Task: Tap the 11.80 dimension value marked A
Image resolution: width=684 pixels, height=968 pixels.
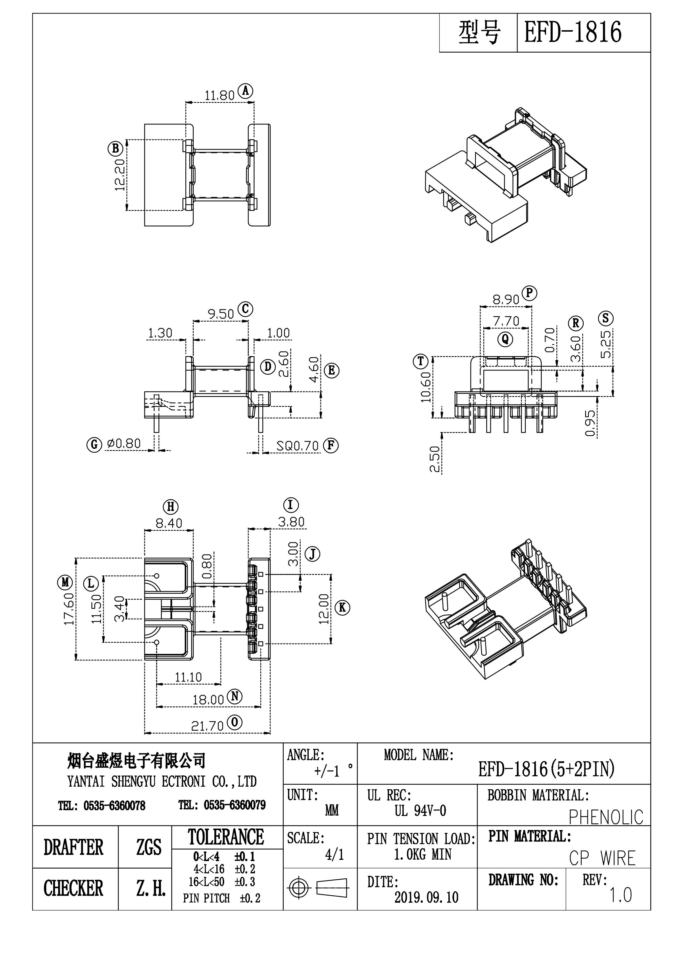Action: click(x=219, y=96)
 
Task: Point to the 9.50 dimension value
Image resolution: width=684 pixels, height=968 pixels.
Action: click(x=220, y=314)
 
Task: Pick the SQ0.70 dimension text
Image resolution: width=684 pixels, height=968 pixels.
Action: click(x=297, y=446)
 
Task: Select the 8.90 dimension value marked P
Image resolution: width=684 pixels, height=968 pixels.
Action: click(x=506, y=300)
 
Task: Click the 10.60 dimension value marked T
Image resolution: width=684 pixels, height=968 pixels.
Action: click(x=426, y=387)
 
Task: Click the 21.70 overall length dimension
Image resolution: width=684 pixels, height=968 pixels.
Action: click(x=207, y=726)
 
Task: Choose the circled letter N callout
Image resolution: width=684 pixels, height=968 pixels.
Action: click(x=235, y=696)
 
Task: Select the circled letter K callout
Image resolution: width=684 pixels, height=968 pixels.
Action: click(x=342, y=608)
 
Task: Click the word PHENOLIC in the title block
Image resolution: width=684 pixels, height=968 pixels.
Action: click(x=606, y=817)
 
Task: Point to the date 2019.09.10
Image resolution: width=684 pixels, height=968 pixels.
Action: click(x=426, y=897)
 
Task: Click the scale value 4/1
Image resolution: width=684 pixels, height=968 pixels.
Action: click(x=335, y=854)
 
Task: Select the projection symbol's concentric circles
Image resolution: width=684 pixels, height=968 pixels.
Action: click(x=298, y=888)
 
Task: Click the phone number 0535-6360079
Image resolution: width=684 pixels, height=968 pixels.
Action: click(x=235, y=805)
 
